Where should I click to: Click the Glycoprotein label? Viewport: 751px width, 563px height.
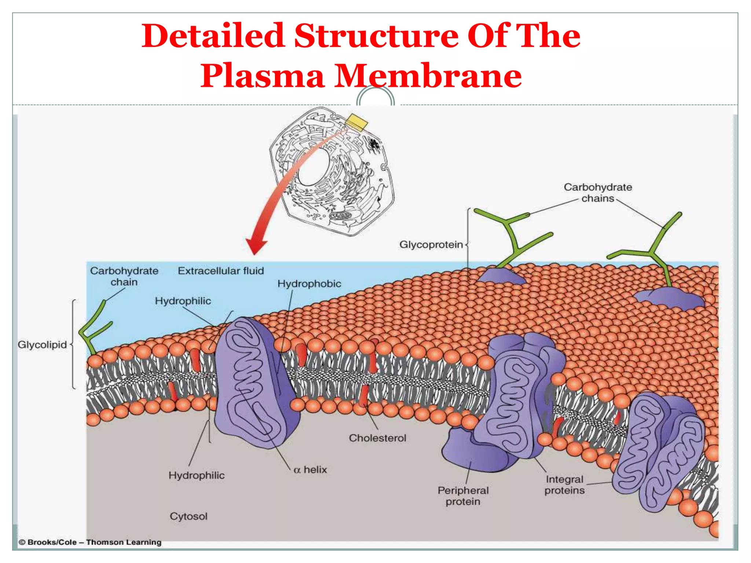pos(431,244)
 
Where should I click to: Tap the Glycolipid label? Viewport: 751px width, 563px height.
pos(42,345)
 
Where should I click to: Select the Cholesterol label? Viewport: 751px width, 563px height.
pos(377,438)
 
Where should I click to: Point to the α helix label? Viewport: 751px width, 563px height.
pos(310,470)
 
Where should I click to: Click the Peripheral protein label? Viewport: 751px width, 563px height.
pos(463,496)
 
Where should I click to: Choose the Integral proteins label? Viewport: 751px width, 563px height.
pos(564,485)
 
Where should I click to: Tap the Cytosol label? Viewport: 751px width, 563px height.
pos(188,516)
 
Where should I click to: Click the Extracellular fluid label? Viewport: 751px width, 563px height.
pos(221,271)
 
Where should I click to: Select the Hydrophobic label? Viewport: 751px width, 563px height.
pos(309,284)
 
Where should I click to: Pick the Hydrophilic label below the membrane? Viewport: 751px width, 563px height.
pos(197,475)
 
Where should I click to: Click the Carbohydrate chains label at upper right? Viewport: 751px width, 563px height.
pos(598,193)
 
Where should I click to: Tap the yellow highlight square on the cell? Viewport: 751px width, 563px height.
pos(356,122)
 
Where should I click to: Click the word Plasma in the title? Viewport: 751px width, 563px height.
pos(263,76)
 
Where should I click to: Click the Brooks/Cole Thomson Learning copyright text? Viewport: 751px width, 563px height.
pos(90,542)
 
